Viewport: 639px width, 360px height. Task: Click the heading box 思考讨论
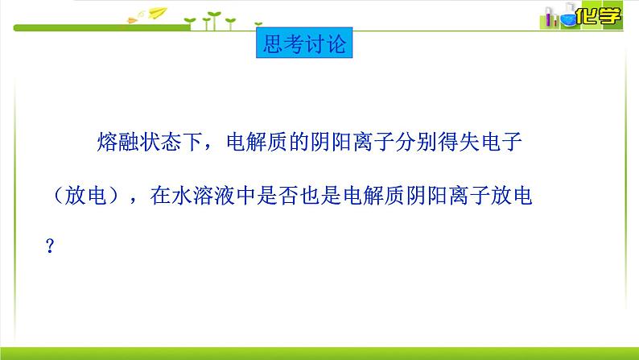pos(304,43)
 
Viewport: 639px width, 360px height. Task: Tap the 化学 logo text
pos(598,16)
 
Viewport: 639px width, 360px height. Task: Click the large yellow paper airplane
pos(158,13)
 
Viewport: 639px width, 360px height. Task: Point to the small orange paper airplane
pos(133,19)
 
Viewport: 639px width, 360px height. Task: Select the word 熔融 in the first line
pos(117,142)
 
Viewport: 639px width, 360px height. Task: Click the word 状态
pos(160,142)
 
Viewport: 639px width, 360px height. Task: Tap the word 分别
pos(416,142)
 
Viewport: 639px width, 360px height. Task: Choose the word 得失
pos(459,142)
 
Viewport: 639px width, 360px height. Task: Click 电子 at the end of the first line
pos(501,142)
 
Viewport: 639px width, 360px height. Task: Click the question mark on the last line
pos(50,246)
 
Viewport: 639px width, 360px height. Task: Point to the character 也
pos(310,195)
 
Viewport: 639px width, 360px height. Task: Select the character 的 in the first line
pos(299,142)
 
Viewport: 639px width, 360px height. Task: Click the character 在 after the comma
pos(160,195)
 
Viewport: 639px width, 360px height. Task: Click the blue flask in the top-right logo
pos(567,15)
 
